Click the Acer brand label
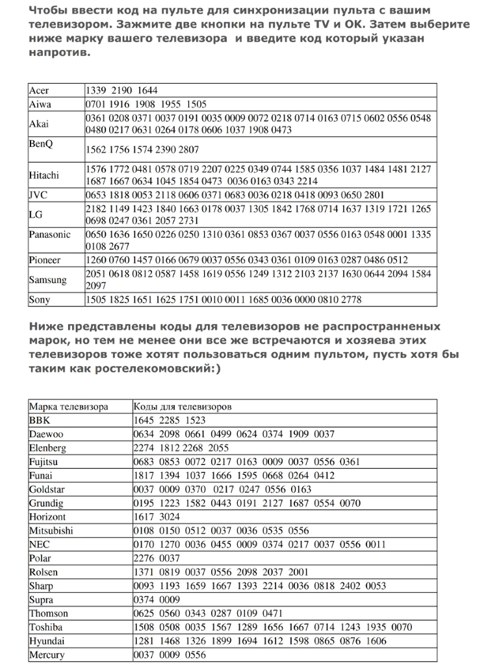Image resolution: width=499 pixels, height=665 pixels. [39, 90]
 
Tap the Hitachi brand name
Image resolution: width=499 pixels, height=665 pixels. [44, 175]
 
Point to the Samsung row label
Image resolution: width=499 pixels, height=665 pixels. [47, 280]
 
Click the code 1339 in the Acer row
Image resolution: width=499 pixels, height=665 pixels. [97, 90]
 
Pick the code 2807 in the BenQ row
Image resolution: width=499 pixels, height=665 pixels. [188, 149]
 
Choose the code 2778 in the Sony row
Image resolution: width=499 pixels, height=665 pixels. [350, 300]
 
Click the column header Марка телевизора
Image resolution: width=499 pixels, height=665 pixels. [68, 407]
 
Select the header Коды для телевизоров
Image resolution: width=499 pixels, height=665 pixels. [183, 407]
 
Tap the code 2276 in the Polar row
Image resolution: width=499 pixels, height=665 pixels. [144, 558]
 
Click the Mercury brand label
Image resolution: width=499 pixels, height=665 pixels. [47, 655]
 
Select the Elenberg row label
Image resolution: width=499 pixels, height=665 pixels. [47, 448]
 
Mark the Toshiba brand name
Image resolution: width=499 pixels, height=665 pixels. [46, 627]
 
